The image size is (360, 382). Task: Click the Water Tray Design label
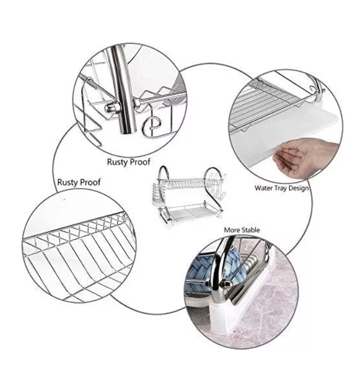282,188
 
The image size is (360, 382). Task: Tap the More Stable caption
242,230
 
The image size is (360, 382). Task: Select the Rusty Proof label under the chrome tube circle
129,162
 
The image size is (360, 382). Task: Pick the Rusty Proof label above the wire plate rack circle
79,182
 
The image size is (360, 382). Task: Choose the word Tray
280,188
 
